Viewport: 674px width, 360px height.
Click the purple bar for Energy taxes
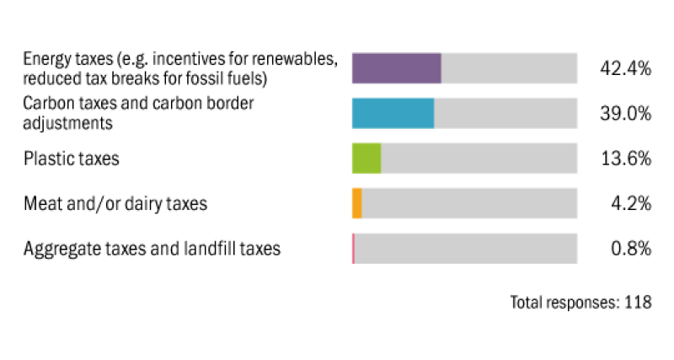[396, 68]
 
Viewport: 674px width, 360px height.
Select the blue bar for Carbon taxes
[393, 113]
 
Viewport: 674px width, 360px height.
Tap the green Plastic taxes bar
[366, 158]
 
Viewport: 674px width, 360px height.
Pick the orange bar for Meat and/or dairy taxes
[357, 203]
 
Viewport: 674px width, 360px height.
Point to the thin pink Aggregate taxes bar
[353, 249]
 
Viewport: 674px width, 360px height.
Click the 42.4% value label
[625, 69]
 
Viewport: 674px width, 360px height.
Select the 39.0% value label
[625, 114]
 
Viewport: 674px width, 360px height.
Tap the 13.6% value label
[625, 159]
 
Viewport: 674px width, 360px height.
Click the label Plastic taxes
[72, 159]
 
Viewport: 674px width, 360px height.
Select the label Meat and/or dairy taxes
[115, 204]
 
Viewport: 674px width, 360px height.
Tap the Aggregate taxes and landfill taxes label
[152, 249]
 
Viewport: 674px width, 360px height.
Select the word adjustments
[68, 123]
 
